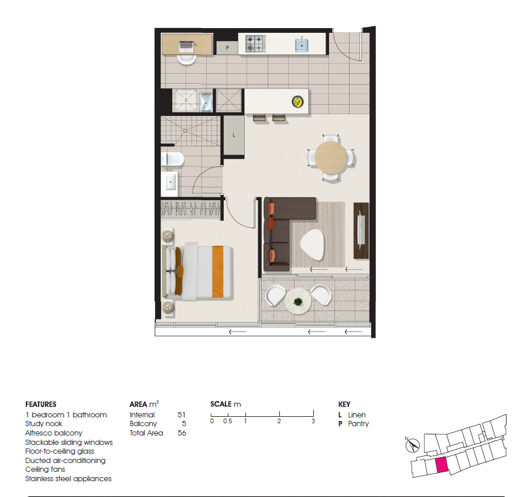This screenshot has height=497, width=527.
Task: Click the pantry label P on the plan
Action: click(227, 48)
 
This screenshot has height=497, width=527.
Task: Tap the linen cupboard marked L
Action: click(234, 135)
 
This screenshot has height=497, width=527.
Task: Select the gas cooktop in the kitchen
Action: click(255, 44)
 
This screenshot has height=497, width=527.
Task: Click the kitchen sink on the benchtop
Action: click(302, 45)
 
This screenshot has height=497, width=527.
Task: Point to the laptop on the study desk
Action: click(187, 46)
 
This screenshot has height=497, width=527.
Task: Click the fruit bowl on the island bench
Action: click(298, 101)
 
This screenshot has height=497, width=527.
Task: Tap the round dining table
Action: click(331, 157)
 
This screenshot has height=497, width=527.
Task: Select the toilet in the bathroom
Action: click(172, 159)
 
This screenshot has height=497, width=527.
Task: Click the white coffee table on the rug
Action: click(313, 244)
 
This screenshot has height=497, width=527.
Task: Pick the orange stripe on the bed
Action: click(218, 272)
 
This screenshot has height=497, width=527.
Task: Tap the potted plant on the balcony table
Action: click(298, 301)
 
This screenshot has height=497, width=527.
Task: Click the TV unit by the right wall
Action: click(361, 231)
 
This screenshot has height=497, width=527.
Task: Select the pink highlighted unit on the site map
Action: click(442, 465)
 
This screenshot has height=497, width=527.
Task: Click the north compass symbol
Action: click(413, 445)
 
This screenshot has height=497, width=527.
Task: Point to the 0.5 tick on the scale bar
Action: click(228, 414)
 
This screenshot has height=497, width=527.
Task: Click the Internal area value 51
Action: click(182, 415)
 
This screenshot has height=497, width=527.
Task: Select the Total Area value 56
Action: click(182, 433)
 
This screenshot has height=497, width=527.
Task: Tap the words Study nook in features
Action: click(44, 424)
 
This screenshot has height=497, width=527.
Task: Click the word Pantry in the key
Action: click(358, 424)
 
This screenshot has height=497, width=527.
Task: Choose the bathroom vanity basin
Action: click(170, 183)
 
